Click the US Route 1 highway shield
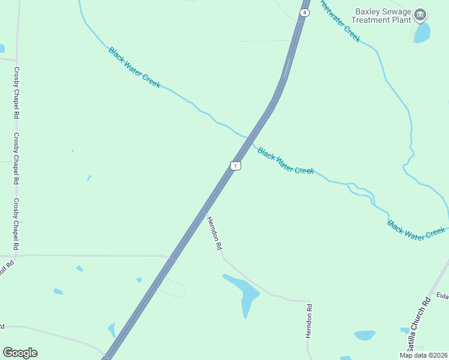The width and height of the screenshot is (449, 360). pyautogui.click(x=236, y=166)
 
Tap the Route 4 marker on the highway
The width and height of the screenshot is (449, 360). pyautogui.click(x=305, y=13)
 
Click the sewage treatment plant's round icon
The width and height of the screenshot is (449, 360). pyautogui.click(x=421, y=14)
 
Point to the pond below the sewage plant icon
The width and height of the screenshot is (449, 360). pyautogui.click(x=423, y=32)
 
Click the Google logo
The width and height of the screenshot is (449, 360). pyautogui.click(x=20, y=353)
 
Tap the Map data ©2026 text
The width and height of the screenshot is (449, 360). pyautogui.click(x=423, y=355)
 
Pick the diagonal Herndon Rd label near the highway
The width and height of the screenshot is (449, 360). pyautogui.click(x=215, y=233)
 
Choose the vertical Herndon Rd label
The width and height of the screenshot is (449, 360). pyautogui.click(x=309, y=322)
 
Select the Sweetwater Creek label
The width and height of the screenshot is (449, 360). pyautogui.click(x=340, y=20)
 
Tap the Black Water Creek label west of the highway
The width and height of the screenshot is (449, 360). pyautogui.click(x=134, y=68)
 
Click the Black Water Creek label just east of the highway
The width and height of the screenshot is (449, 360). pyautogui.click(x=286, y=161)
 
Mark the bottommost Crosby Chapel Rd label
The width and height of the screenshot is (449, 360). pyautogui.click(x=17, y=224)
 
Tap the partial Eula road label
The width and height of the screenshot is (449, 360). pyautogui.click(x=442, y=295)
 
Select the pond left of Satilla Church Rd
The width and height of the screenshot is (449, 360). pyautogui.click(x=364, y=335)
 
